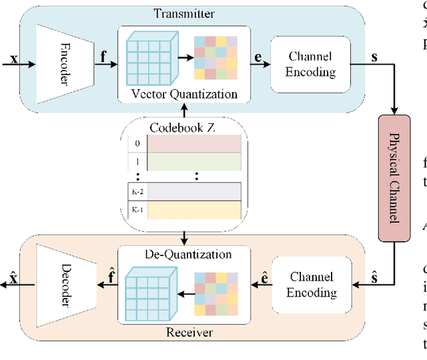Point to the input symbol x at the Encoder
[x=14, y=59]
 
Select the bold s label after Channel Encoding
[x=374, y=57]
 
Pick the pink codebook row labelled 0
[x=193, y=143]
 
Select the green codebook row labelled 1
[x=193, y=162]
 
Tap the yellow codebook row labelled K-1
[x=193, y=211]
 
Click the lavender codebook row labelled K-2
[x=193, y=192]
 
